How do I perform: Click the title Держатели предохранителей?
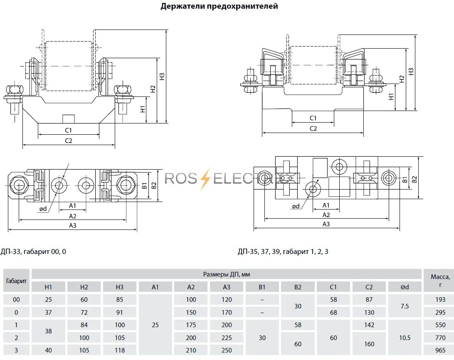coord(219,6)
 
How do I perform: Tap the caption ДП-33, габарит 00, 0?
coord(33,252)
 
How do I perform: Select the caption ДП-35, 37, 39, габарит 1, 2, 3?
coord(283,252)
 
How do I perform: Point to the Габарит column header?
coord(17,281)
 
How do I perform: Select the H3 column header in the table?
coord(120,287)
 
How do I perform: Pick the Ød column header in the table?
coord(405,287)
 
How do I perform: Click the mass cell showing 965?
coord(440,350)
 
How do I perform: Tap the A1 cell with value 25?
coord(155,325)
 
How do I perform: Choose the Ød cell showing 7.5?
coord(405,306)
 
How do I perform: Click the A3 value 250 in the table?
coord(227,350)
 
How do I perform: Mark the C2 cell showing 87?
coord(369,300)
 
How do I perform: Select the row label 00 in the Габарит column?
coord(17,300)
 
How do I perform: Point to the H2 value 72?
coord(84,313)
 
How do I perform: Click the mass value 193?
coord(440,300)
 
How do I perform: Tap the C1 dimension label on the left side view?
coord(69,131)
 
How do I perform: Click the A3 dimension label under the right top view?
coord(326,224)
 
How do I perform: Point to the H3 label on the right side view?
coord(411,72)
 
